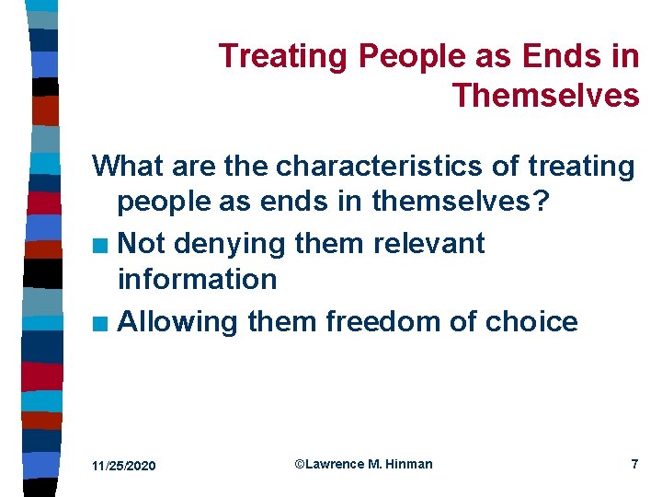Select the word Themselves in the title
(x=545, y=95)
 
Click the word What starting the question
(x=130, y=167)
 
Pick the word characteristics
(x=372, y=167)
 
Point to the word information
(x=197, y=279)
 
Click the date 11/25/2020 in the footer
(x=124, y=467)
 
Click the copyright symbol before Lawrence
(x=300, y=464)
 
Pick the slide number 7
(x=634, y=464)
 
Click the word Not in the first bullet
(x=141, y=244)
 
